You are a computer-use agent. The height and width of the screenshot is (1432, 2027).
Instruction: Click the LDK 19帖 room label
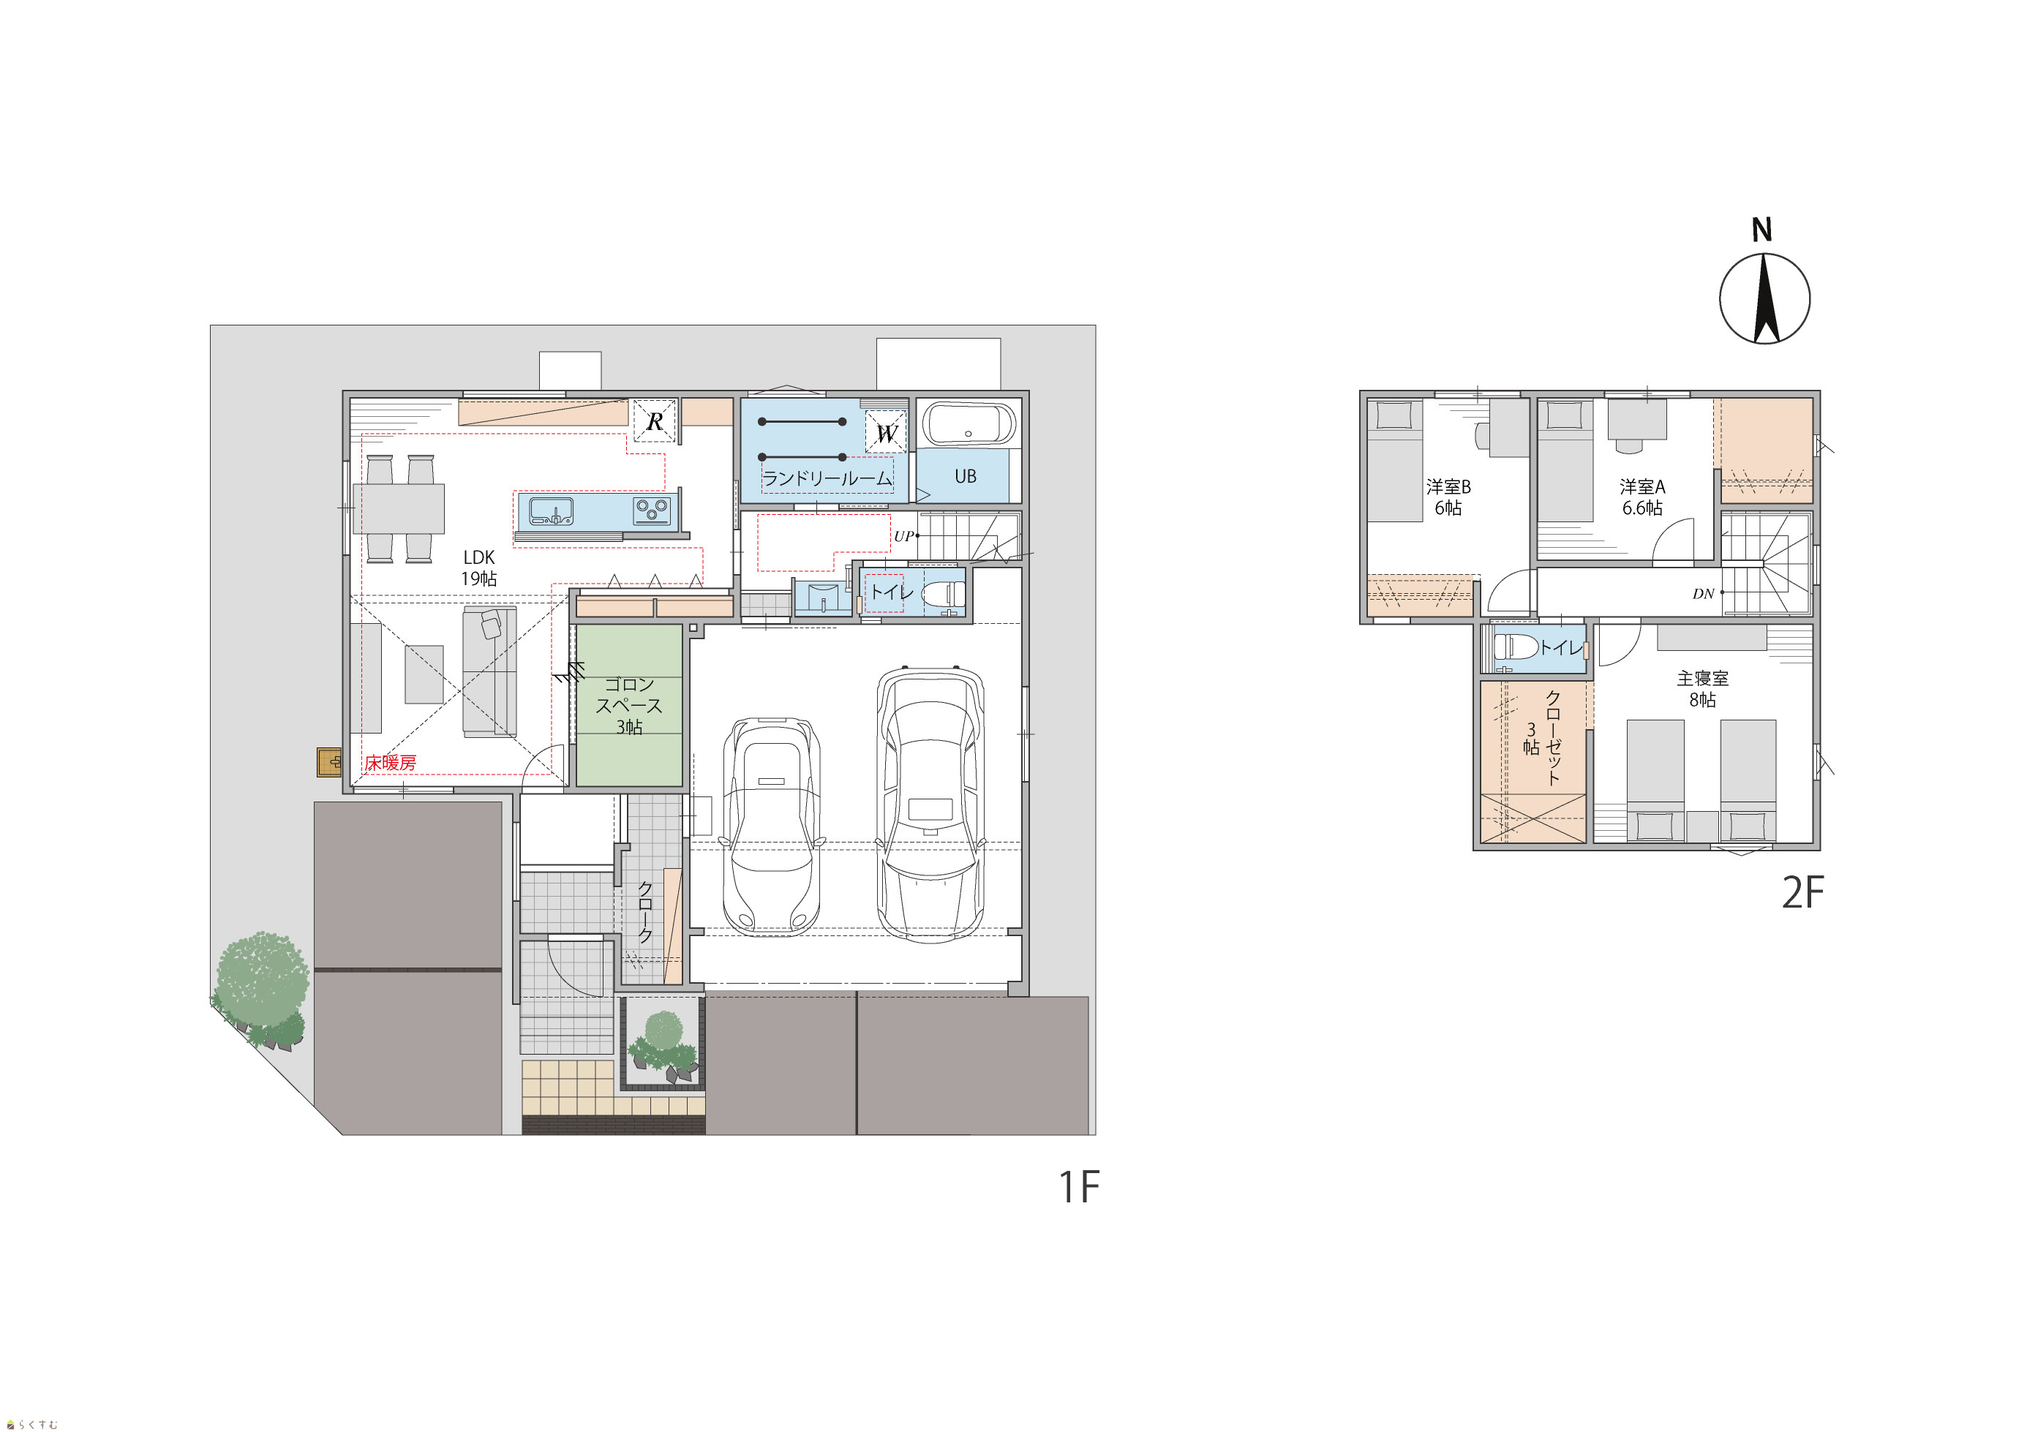pyautogui.click(x=478, y=568)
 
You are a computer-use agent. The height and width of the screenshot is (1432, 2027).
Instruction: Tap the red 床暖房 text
pyautogui.click(x=390, y=762)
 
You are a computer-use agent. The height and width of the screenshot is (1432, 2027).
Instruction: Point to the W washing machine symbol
pyautogui.click(x=886, y=433)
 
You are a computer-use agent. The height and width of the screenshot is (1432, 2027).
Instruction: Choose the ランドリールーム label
pyautogui.click(x=827, y=478)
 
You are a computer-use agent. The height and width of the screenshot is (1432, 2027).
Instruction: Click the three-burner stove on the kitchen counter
pyautogui.click(x=653, y=510)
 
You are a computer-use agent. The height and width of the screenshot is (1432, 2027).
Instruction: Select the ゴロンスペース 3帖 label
pyautogui.click(x=628, y=706)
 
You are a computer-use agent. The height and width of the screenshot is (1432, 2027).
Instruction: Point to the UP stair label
pyautogui.click(x=903, y=536)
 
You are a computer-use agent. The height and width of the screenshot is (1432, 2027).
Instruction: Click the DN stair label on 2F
pyautogui.click(x=1703, y=594)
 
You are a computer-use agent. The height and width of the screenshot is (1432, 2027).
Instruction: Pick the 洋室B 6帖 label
pyautogui.click(x=1448, y=497)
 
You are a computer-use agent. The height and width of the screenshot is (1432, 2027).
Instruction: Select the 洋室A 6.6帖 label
pyautogui.click(x=1642, y=497)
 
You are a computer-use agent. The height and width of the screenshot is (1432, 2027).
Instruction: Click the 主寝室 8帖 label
pyautogui.click(x=1702, y=689)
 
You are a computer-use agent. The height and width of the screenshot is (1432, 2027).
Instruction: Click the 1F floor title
pyautogui.click(x=1079, y=1188)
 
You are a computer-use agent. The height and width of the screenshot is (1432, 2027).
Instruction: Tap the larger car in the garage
pyautogui.click(x=930, y=804)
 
